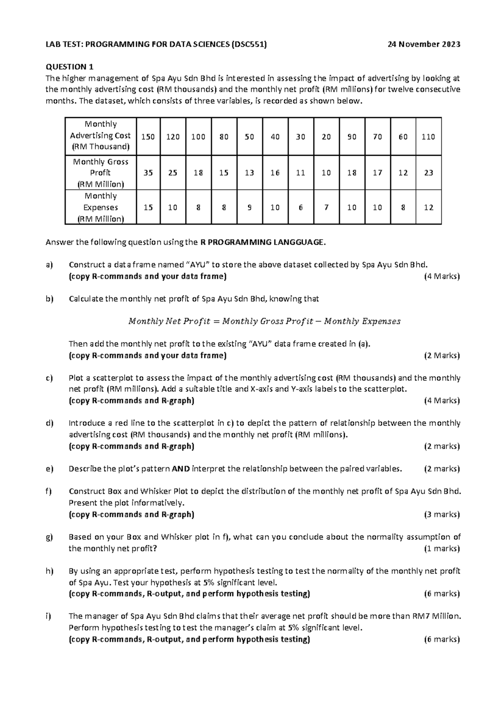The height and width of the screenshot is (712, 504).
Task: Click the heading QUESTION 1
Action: [x=69, y=67]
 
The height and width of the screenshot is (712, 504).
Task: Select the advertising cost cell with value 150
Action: [x=147, y=137]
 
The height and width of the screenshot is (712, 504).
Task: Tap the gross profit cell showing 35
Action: [x=147, y=173]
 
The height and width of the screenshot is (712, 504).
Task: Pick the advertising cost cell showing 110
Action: [x=428, y=137]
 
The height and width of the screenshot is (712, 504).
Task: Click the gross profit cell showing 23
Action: [x=428, y=173]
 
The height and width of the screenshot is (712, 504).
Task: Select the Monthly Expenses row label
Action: [x=100, y=207]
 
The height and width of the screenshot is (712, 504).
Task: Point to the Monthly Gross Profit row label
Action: [x=100, y=173]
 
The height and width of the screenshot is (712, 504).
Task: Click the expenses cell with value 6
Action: [x=300, y=207]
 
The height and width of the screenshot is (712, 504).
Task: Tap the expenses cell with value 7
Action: [x=326, y=207]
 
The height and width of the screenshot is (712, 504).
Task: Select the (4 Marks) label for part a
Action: [x=442, y=276]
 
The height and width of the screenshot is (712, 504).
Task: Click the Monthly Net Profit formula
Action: [x=264, y=322]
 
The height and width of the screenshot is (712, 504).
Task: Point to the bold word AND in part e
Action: [x=181, y=469]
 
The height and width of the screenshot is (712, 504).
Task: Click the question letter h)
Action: [x=50, y=571]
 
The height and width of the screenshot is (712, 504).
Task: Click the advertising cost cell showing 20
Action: [x=326, y=137]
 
